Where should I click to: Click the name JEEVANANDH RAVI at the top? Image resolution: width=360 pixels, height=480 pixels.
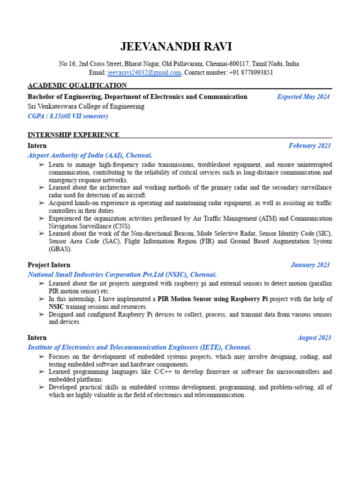coord(176,47)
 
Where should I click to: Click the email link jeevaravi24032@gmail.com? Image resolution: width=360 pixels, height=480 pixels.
coord(144,73)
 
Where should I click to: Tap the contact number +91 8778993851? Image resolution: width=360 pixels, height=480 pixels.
coord(251,73)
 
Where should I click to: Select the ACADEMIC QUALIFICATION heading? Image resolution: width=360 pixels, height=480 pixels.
coord(77,85)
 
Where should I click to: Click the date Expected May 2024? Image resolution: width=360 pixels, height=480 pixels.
coord(303,97)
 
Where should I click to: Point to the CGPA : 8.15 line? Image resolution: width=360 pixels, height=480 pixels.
coord(68,116)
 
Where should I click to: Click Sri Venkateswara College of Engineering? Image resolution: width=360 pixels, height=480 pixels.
coord(86,106)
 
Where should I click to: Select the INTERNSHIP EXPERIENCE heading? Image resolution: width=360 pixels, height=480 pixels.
coord(74,135)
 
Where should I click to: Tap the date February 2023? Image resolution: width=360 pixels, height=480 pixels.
coord(309,146)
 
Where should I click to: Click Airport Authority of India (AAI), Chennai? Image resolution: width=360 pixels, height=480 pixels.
coord(90,155)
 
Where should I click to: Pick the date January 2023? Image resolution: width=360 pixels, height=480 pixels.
coord(310,265)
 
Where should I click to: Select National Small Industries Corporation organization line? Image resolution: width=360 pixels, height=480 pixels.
coord(122,275)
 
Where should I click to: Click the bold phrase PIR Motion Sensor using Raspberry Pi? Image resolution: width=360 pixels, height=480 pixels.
coord(212,299)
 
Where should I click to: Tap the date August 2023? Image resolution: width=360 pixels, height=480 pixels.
coord(314,337)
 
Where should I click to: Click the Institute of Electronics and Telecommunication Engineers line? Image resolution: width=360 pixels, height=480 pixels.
coord(139,347)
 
